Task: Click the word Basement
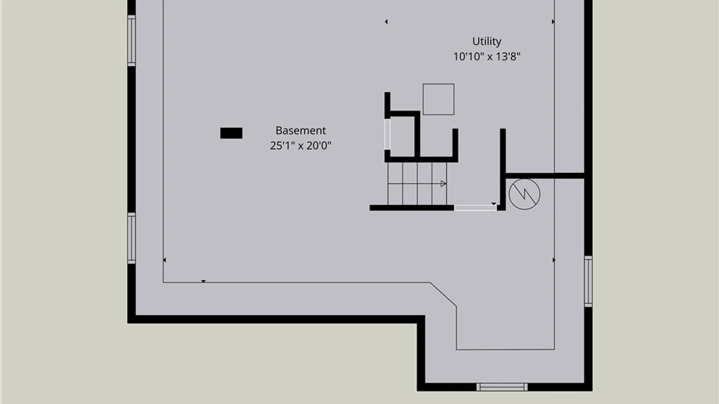tap(301, 131)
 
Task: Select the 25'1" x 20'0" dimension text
tap(301, 146)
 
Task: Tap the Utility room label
tap(487, 42)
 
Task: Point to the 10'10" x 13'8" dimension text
tap(487, 56)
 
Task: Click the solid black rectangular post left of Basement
tap(231, 133)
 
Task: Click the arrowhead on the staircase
tap(443, 184)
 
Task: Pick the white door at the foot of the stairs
tap(476, 208)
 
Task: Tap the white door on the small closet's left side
tap(387, 134)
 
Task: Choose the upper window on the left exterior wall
tap(131, 41)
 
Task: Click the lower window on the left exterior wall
tap(131, 238)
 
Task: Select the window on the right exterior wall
tap(588, 281)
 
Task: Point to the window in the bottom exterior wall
tap(502, 387)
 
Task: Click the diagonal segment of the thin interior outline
tap(443, 294)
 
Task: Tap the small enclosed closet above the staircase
tap(402, 137)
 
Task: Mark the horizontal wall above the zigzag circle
tap(545, 175)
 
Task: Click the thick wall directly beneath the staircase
tap(412, 208)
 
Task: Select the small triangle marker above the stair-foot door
tap(494, 204)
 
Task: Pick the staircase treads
tap(417, 184)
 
